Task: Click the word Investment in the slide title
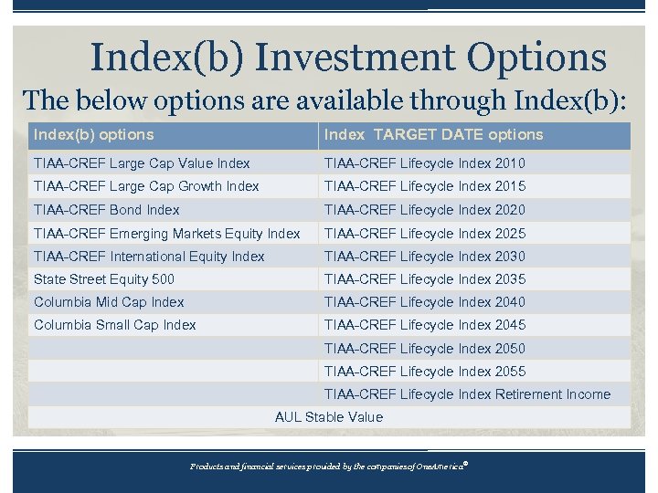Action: tap(357, 57)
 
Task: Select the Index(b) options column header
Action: tap(93, 135)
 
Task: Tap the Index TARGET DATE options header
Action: tap(433, 135)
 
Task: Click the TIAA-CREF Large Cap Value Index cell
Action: tap(142, 163)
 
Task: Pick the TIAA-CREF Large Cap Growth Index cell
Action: tap(146, 186)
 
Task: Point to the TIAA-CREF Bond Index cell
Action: tap(107, 210)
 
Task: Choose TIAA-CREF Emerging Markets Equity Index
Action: tap(166, 234)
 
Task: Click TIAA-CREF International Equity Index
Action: tap(149, 257)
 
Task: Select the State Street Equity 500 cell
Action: tap(104, 279)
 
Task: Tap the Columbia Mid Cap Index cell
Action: tap(109, 302)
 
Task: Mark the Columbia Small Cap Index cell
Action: tap(115, 325)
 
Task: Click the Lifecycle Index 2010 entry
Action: tap(425, 163)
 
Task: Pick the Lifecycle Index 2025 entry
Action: tap(425, 234)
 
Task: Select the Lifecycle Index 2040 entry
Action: tap(425, 302)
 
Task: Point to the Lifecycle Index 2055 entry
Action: tap(425, 372)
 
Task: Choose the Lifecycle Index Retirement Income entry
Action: tap(467, 394)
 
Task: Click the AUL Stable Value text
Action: tap(329, 417)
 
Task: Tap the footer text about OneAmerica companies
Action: tap(328, 466)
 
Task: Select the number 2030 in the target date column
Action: tap(510, 257)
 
